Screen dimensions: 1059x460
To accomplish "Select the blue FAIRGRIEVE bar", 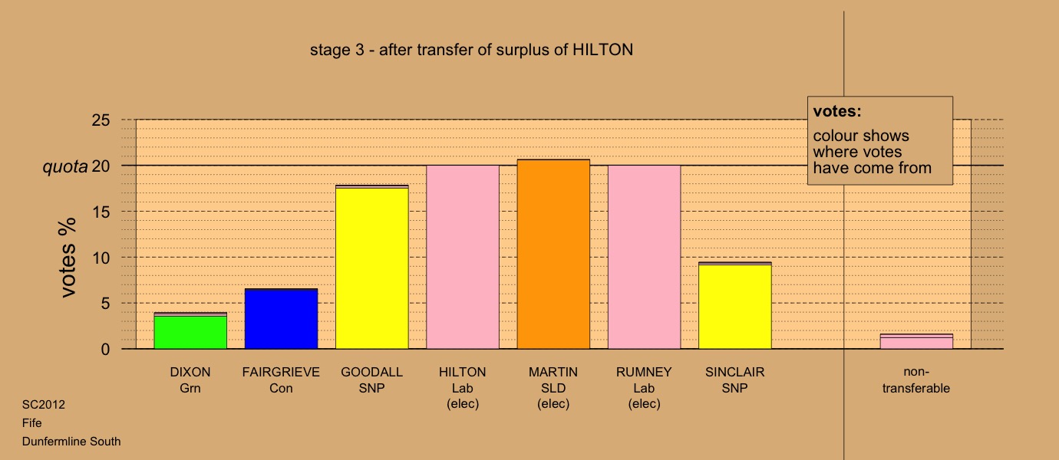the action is coord(282,319).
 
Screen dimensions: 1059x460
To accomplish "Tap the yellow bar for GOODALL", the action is coord(372,267).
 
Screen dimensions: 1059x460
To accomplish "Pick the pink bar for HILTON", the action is coord(463,257).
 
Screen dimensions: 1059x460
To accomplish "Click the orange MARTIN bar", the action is coord(553,254).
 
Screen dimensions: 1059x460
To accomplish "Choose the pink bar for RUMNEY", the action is coord(645,257).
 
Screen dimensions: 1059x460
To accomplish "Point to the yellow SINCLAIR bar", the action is coord(735,306).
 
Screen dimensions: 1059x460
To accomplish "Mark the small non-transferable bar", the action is coord(916,341).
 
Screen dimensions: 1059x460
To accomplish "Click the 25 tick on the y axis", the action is coord(101,120).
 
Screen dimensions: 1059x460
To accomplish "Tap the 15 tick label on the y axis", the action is coord(101,212).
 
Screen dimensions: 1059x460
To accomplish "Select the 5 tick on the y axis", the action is coord(105,303).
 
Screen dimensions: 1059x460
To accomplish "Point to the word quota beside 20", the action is coord(65,166).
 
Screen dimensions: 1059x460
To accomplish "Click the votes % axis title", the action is coord(68,258).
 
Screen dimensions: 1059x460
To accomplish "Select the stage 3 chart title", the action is coord(471,50).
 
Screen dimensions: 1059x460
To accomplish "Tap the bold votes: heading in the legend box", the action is coord(837,111).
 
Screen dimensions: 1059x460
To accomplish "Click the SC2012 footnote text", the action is coord(44,405).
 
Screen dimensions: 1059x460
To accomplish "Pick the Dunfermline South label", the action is coord(71,442).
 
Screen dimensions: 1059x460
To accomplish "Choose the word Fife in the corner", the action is coord(31,423).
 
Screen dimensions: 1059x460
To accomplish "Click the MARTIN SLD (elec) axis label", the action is coord(553,388).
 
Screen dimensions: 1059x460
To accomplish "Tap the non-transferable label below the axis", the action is coord(916,380).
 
